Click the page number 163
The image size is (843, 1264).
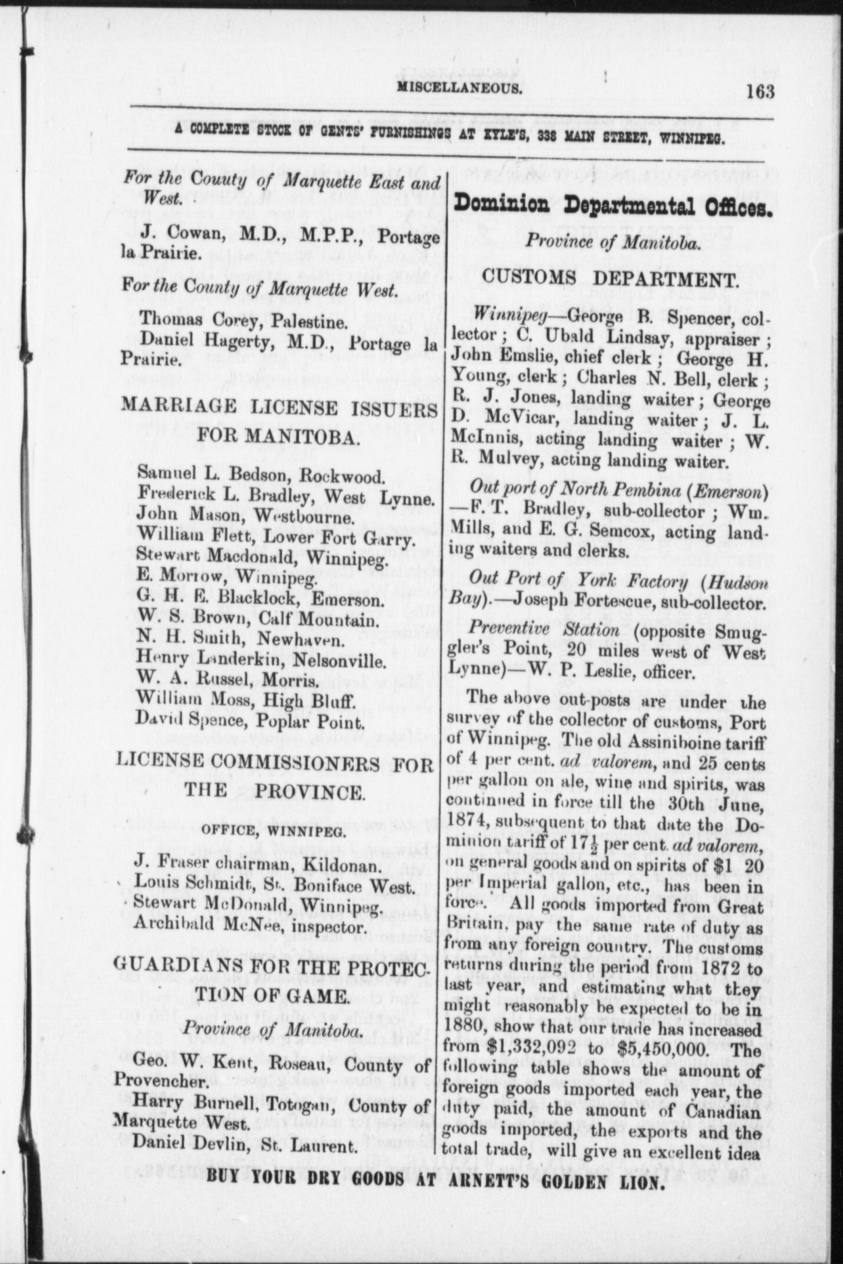(x=760, y=92)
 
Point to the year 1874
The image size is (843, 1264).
(x=469, y=824)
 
